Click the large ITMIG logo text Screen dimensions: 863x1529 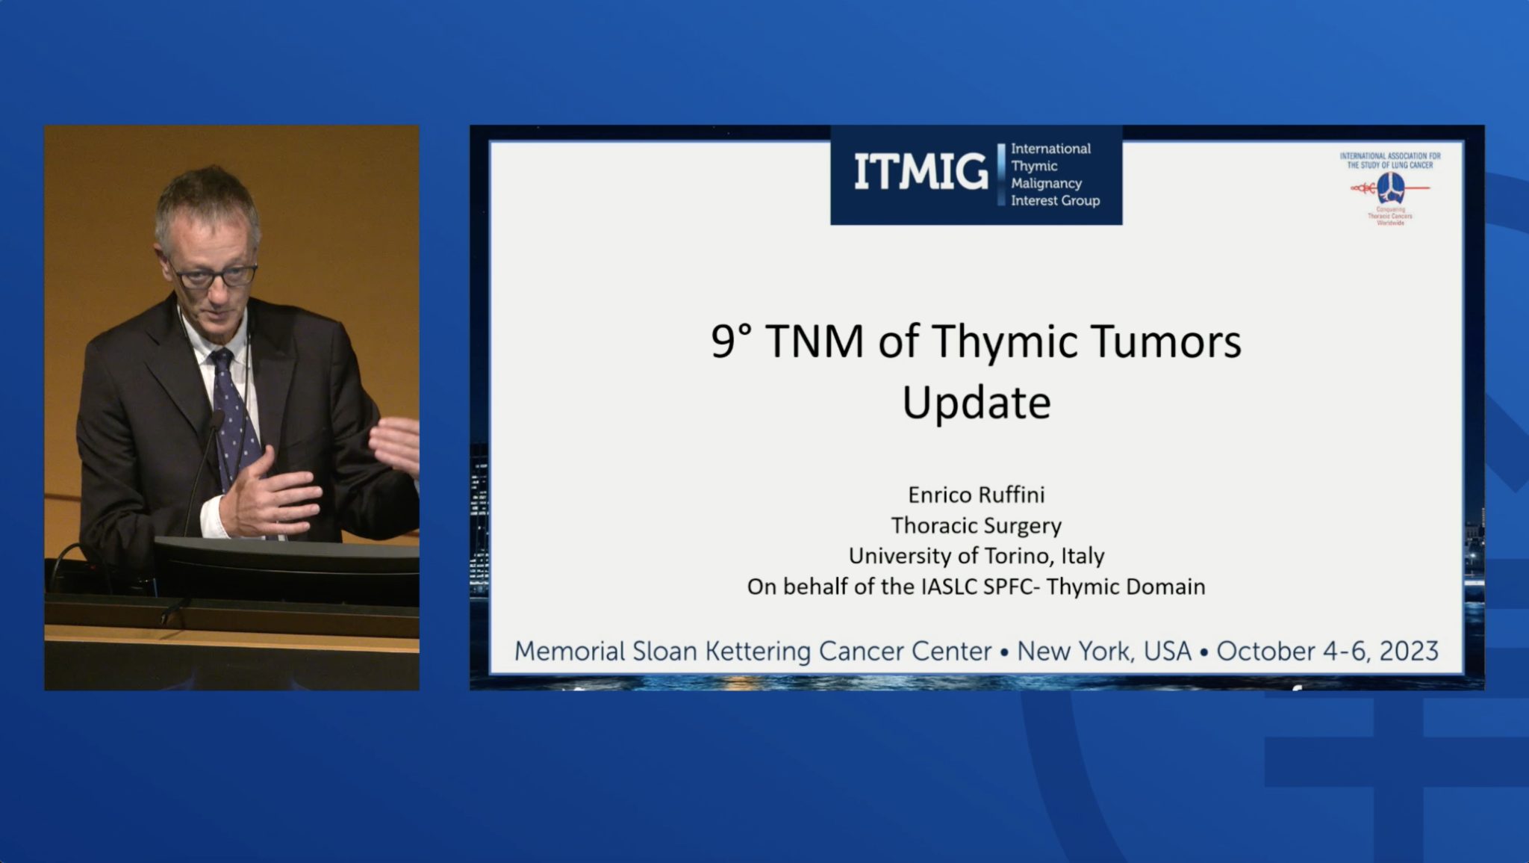[921, 173]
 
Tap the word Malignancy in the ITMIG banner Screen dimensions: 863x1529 [1046, 183]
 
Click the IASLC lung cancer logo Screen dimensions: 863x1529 [1390, 188]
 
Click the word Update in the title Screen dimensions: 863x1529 [976, 403]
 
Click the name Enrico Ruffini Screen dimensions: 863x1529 [976, 495]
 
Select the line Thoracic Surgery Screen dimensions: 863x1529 [976, 525]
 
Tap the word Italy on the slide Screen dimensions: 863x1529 [1082, 556]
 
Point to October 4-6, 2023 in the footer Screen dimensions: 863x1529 [1327, 651]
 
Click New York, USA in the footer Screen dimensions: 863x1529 [1103, 651]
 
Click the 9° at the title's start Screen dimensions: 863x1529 [731, 341]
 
